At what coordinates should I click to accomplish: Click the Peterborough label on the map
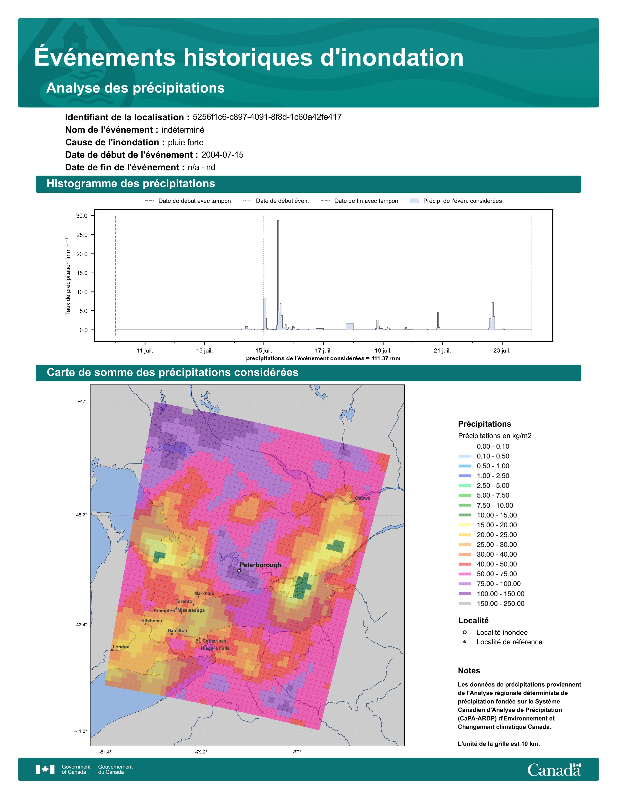(260, 565)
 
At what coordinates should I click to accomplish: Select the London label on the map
(121, 646)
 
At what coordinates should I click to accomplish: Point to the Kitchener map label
(152, 621)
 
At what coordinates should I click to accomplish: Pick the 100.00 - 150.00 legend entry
(492, 593)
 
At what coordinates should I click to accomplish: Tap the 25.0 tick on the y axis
(82, 235)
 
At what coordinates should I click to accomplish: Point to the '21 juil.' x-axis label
(442, 351)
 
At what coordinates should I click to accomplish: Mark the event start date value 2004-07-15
(222, 155)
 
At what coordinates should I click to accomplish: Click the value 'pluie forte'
(186, 142)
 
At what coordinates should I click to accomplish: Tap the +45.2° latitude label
(80, 515)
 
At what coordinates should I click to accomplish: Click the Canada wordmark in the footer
(554, 770)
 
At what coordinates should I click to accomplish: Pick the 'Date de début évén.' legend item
(276, 201)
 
